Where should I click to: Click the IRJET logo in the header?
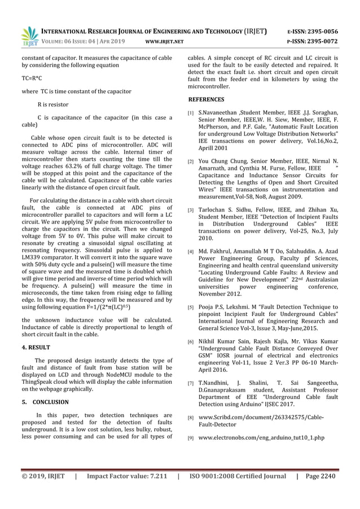[x=29, y=36]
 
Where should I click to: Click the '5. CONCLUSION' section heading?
[x=45, y=402]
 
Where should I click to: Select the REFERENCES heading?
[x=208, y=99]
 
